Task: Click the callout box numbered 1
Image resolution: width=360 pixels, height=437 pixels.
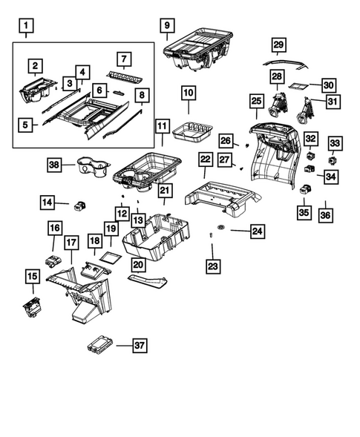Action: [x=27, y=29]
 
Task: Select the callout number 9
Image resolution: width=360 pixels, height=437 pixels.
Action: [x=166, y=24]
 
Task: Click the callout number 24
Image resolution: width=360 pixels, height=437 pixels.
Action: [x=256, y=232]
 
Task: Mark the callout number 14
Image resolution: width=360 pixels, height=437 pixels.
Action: [x=48, y=201]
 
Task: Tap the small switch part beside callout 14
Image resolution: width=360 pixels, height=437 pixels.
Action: [x=81, y=206]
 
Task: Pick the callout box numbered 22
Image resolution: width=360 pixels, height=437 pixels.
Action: [x=206, y=160]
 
